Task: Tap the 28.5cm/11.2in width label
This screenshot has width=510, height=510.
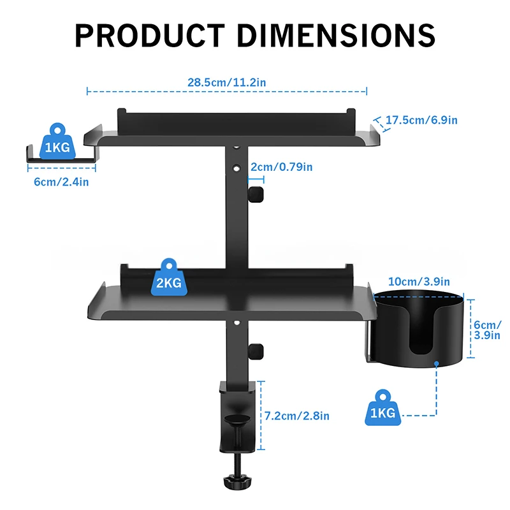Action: point(227,82)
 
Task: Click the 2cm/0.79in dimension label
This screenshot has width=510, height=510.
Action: point(281,167)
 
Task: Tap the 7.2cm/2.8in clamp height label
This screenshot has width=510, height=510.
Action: point(298,416)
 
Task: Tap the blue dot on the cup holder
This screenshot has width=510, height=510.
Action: point(437,365)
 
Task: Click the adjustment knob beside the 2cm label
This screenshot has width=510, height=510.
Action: point(256,195)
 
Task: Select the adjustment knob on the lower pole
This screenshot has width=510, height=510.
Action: point(256,351)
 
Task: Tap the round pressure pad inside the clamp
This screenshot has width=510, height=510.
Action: point(238,420)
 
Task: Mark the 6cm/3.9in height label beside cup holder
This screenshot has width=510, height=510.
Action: point(488,330)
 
